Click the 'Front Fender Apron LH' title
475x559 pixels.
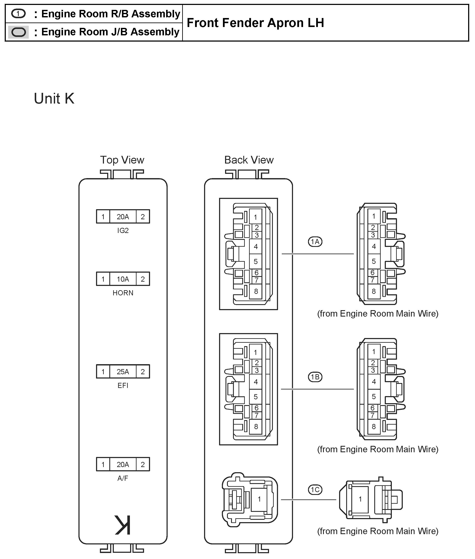tap(255, 23)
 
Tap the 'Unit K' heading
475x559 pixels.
tap(54, 99)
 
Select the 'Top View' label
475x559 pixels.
tap(122, 160)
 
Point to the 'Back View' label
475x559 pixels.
tap(249, 160)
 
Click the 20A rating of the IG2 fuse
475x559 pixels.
tap(123, 217)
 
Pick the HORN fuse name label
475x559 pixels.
tap(123, 293)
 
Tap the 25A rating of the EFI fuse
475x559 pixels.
tap(123, 372)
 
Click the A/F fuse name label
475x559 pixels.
tap(123, 478)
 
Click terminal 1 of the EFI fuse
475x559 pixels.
tap(103, 372)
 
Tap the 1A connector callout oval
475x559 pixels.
tap(315, 242)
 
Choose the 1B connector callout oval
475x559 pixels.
tap(315, 377)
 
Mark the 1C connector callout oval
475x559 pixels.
tap(315, 490)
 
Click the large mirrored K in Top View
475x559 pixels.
tap(123, 525)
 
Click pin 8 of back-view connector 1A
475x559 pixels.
tap(256, 291)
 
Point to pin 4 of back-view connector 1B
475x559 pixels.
tap(256, 382)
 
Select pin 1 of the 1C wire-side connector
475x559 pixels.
tap(360, 499)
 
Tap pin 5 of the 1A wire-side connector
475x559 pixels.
tap(373, 261)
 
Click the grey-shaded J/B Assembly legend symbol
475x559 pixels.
tap(18, 32)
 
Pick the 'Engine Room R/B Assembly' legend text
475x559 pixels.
tap(110, 14)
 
